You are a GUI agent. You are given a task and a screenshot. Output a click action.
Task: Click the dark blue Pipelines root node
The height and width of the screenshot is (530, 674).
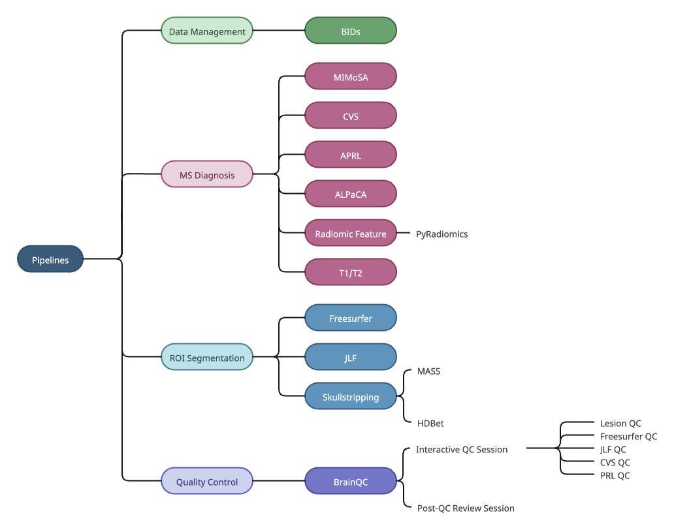pyautogui.click(x=50, y=259)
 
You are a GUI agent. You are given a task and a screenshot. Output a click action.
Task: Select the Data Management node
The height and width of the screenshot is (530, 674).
pyautogui.click(x=207, y=31)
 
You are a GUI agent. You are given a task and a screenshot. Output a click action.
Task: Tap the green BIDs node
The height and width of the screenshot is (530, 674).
pyautogui.click(x=351, y=31)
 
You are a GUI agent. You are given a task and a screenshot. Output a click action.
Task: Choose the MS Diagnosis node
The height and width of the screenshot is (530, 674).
pyautogui.click(x=207, y=174)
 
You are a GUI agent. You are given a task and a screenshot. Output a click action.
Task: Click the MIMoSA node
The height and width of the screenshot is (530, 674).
pyautogui.click(x=351, y=76)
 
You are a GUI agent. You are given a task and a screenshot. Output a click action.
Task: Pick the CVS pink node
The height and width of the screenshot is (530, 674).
pyautogui.click(x=351, y=116)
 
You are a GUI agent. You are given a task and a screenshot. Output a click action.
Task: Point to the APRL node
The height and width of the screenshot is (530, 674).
pyautogui.click(x=351, y=155)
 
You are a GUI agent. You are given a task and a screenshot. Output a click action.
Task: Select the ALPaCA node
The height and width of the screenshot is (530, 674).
pyautogui.click(x=351, y=194)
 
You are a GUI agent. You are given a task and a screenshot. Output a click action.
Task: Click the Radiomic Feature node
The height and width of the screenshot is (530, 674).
pyautogui.click(x=351, y=233)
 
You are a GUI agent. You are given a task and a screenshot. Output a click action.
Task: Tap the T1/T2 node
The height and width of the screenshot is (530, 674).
pyautogui.click(x=351, y=272)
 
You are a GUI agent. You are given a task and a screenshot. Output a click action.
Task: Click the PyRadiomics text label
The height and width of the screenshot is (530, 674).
pyautogui.click(x=441, y=234)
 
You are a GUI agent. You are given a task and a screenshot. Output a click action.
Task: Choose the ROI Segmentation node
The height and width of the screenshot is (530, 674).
pyautogui.click(x=207, y=357)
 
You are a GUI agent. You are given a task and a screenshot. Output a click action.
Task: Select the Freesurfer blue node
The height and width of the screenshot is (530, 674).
pyautogui.click(x=351, y=318)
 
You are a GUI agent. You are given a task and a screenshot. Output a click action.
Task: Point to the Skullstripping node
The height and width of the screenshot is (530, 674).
pyautogui.click(x=351, y=396)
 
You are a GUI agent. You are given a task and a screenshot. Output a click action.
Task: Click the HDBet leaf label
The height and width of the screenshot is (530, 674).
pyautogui.click(x=430, y=424)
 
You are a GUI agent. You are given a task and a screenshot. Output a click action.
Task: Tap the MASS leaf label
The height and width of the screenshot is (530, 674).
pyautogui.click(x=428, y=371)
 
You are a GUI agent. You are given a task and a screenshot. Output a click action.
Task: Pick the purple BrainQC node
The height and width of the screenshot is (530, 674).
pyautogui.click(x=351, y=481)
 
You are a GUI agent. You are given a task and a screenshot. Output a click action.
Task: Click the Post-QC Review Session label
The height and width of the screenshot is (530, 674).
pyautogui.click(x=466, y=508)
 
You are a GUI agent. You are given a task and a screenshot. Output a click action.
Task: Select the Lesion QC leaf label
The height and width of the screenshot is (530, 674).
pyautogui.click(x=620, y=424)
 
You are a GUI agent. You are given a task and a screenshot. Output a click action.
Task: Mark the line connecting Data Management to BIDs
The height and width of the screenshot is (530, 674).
pyautogui.click(x=279, y=31)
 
